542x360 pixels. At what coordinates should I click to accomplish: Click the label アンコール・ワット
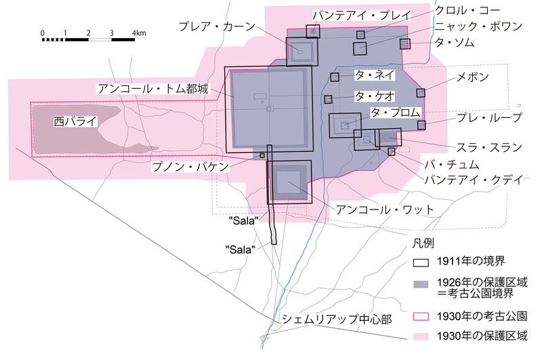[x=385, y=209]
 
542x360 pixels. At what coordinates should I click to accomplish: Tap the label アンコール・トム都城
[x=154, y=89]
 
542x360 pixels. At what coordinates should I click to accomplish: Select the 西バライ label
[x=75, y=121]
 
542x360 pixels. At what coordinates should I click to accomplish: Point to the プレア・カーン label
[x=217, y=26]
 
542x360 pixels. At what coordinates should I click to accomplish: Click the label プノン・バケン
[x=190, y=167]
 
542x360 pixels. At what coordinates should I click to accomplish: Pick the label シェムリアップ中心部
[x=337, y=319]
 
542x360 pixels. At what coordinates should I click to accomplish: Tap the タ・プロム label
[x=396, y=113]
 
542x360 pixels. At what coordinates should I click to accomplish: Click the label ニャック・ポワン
[x=478, y=26]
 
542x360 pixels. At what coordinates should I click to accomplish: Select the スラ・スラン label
[x=489, y=148]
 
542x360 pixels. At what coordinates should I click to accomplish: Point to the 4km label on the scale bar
[x=139, y=33]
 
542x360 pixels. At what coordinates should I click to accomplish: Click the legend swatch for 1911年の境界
[x=421, y=262]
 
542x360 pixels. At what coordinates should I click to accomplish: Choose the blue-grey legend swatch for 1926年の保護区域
[x=421, y=284]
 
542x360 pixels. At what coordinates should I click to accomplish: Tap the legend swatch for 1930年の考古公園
[x=421, y=316]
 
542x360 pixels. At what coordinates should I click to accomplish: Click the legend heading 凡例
[x=423, y=243]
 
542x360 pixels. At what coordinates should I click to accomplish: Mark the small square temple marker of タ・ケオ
[x=328, y=99]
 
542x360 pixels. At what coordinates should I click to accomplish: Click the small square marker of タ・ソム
[x=405, y=44]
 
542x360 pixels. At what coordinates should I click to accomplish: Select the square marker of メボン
[x=421, y=93]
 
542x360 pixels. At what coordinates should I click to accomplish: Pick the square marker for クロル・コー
[x=360, y=35]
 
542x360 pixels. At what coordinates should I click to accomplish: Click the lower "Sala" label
[x=241, y=249]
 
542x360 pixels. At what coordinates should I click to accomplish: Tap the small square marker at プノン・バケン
[x=262, y=156]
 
